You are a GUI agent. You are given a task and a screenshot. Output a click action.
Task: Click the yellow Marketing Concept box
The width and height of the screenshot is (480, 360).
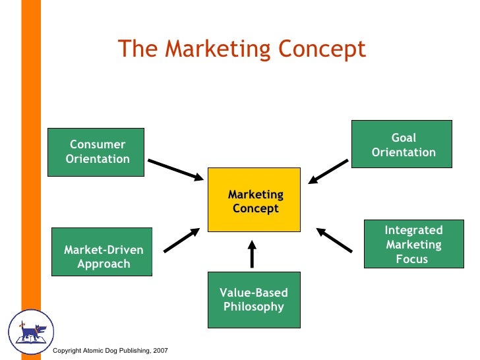click(x=255, y=200)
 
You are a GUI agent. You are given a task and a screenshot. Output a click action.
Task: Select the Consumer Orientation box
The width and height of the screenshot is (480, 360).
click(x=96, y=152)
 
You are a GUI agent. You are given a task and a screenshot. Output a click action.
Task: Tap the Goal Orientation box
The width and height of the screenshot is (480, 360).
click(x=402, y=144)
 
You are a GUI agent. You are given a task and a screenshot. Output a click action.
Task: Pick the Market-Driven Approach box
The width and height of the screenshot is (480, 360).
click(x=102, y=251)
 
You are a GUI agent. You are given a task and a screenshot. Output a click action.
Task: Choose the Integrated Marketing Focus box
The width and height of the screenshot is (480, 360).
click(x=413, y=244)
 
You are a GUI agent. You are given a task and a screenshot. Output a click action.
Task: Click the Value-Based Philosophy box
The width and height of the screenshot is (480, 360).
click(x=254, y=300)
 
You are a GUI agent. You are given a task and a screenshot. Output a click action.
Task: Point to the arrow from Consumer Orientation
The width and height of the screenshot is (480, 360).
click(x=176, y=169)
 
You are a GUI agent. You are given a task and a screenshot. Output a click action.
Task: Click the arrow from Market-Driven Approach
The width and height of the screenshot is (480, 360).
click(x=181, y=240)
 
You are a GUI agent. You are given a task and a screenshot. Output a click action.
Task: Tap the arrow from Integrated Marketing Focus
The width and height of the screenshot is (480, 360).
click(x=334, y=240)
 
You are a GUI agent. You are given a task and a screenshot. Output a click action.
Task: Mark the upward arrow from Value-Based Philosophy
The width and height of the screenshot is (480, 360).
click(x=252, y=254)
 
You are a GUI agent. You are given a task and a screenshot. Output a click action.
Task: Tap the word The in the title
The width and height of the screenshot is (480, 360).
click(x=135, y=49)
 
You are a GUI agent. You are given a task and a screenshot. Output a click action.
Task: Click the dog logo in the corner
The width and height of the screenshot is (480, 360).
click(x=30, y=332)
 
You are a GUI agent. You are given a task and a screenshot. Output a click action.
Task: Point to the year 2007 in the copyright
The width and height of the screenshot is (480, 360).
click(x=159, y=349)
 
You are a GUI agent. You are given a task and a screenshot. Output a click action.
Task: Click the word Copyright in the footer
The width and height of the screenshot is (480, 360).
click(x=68, y=349)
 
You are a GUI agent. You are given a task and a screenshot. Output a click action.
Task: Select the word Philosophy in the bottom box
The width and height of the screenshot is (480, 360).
click(x=254, y=307)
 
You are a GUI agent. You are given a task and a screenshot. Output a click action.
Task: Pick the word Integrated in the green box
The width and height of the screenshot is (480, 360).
click(x=413, y=230)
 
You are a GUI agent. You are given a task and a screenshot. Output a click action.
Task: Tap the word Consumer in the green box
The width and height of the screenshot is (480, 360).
click(x=98, y=145)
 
